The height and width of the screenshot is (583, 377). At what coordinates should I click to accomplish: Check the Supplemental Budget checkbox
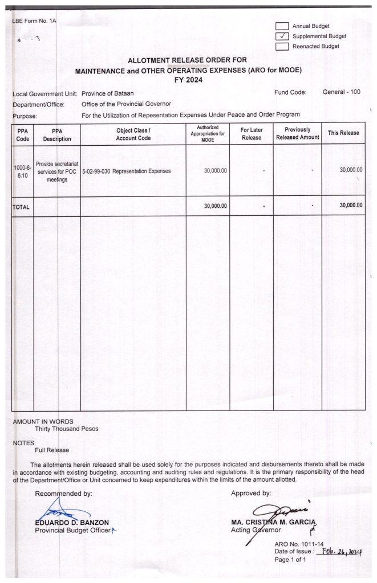tap(282, 36)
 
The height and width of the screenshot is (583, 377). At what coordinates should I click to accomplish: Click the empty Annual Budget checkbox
tap(282, 26)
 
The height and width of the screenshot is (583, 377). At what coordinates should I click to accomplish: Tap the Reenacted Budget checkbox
tap(282, 47)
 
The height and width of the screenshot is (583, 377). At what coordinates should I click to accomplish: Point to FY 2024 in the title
tap(188, 80)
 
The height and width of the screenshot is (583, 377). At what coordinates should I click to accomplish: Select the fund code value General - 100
tap(341, 92)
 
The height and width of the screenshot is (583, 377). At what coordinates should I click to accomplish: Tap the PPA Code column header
tap(23, 134)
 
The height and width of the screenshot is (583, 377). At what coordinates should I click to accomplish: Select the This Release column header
tap(343, 133)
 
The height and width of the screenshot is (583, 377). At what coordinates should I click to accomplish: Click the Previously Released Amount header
tap(297, 134)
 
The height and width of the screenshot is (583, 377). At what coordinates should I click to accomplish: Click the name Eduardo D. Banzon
tap(72, 522)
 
